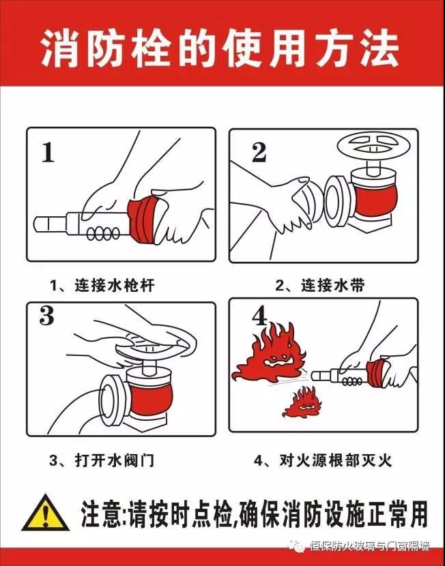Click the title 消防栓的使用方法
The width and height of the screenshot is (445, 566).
pos(220,50)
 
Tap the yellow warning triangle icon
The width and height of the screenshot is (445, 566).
pos(46,513)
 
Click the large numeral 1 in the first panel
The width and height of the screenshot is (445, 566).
pos(48,152)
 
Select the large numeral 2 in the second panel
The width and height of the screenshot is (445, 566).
pos(259,152)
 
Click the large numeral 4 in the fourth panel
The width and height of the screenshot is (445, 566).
pos(260,316)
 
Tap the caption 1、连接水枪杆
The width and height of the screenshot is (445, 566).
pos(102,285)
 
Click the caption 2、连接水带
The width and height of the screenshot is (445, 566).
pos(320,285)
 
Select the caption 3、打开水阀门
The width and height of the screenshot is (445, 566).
pos(102,460)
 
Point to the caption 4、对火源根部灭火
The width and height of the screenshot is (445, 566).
pos(323,460)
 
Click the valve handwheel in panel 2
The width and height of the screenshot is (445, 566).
pos(373,147)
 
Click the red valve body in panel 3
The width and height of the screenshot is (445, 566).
pos(151,397)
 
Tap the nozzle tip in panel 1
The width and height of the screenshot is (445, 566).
pos(40,224)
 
